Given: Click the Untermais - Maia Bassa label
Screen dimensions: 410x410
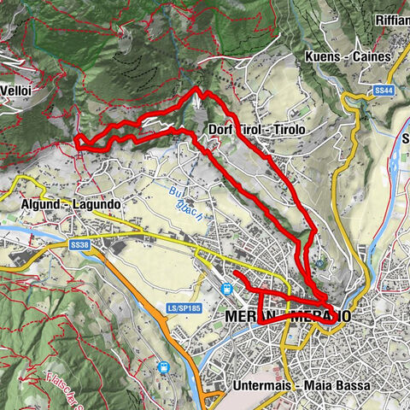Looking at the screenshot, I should (x=302, y=386).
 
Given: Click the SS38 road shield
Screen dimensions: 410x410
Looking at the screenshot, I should (x=80, y=245).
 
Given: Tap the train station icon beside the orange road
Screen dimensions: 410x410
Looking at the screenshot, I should (x=163, y=369).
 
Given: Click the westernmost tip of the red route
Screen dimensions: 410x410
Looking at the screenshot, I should (x=77, y=141).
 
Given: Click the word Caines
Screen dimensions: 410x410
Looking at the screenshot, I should (x=373, y=57).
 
